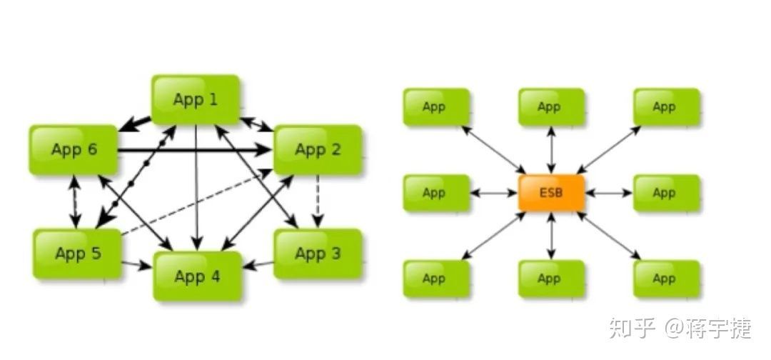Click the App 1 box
click(x=195, y=99)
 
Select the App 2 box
click(x=318, y=149)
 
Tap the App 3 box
click(x=318, y=253)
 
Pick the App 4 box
click(x=198, y=276)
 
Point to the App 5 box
click(x=78, y=253)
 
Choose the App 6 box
click(x=74, y=149)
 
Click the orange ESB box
click(x=551, y=193)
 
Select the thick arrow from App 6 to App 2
click(x=193, y=151)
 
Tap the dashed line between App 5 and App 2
click(x=193, y=204)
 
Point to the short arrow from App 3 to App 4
click(x=258, y=266)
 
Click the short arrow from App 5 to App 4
click(x=136, y=266)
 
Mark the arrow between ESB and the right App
click(x=609, y=193)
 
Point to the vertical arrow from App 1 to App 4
click(x=196, y=186)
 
